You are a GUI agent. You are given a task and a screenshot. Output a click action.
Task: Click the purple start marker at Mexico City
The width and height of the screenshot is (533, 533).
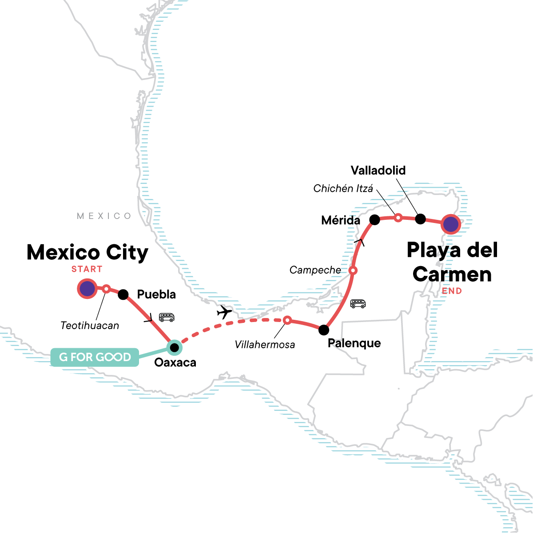click(87, 289)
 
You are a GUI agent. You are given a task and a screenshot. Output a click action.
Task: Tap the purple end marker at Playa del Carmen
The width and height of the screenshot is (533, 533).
click(451, 225)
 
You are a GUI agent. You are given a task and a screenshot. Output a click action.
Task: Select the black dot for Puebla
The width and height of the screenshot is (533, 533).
click(123, 294)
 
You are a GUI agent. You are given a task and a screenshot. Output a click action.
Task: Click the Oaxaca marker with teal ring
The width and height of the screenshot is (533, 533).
click(174, 347)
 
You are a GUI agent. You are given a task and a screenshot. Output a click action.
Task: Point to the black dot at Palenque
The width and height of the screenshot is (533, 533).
click(324, 330)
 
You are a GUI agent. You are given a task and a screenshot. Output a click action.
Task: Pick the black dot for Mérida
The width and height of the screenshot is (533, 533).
click(374, 219)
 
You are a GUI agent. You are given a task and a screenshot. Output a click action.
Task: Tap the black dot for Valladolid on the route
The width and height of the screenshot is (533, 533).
click(420, 219)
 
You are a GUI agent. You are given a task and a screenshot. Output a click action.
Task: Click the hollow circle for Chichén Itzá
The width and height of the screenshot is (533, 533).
click(398, 217)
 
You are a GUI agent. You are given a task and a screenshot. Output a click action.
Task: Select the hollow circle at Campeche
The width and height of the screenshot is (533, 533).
click(353, 270)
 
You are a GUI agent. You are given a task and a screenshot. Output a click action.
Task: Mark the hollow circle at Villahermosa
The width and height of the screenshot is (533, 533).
click(287, 320)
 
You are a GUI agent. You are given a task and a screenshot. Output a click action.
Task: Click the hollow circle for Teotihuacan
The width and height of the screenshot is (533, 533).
click(106, 289)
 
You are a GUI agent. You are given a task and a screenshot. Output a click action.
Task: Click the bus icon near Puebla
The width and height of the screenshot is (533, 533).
click(167, 317)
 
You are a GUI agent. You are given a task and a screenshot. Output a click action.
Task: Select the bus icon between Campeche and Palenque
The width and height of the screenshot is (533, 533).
click(358, 304)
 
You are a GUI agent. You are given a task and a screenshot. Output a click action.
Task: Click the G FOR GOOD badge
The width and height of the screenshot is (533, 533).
click(95, 357)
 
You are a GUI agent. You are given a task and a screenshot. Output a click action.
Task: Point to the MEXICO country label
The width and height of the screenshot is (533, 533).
click(104, 216)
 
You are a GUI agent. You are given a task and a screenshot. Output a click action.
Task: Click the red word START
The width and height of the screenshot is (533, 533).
click(87, 269)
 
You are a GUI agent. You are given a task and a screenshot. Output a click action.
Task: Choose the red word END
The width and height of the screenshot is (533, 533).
click(452, 291)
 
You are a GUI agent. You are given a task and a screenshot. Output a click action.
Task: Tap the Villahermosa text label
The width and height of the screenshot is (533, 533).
click(265, 344)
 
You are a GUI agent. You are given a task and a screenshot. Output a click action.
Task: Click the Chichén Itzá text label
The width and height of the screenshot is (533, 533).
click(343, 188)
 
